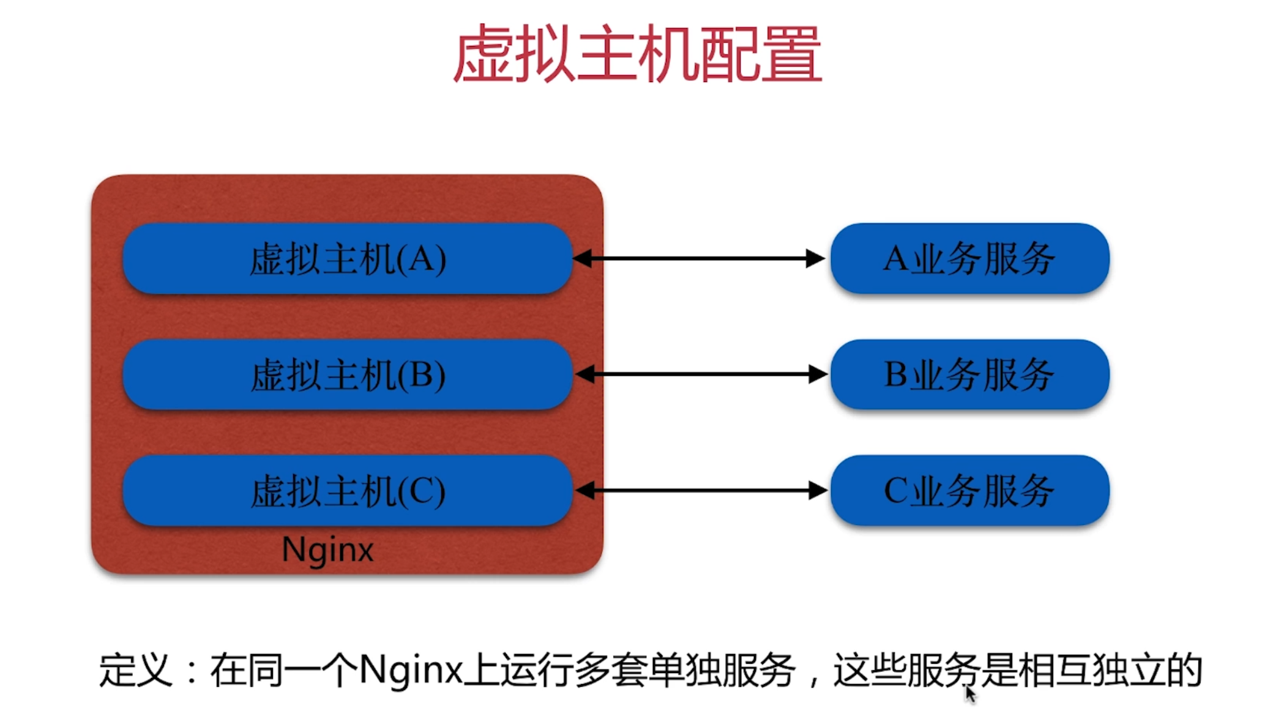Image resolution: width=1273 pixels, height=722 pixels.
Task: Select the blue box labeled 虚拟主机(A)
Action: pos(348,259)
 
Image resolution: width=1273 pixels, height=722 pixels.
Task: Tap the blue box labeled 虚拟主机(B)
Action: pos(348,374)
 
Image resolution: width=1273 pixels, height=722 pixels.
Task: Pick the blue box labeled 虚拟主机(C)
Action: pos(348,490)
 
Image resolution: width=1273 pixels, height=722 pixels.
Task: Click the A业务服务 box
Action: pos(969,259)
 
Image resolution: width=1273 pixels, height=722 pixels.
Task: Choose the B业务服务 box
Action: pos(969,374)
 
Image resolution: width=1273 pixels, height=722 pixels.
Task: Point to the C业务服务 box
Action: pos(969,490)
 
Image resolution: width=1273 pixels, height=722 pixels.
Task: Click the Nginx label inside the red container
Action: pos(327,550)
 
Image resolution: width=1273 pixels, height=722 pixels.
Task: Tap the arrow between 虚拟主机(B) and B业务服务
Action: pos(701,374)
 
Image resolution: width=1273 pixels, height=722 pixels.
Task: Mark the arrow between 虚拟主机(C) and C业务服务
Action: pos(701,490)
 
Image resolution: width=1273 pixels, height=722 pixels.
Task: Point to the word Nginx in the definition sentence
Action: pos(411,671)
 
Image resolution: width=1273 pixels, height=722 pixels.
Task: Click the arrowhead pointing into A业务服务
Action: pos(815,259)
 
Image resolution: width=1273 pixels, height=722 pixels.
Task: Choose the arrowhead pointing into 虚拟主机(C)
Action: pos(585,490)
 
